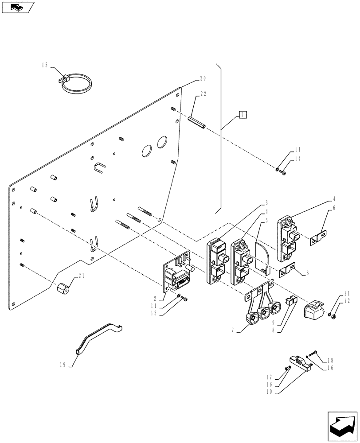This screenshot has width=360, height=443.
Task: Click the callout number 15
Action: click(45, 65)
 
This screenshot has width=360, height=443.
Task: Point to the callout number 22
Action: click(203, 94)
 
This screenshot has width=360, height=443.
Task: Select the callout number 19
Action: click(63, 365)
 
